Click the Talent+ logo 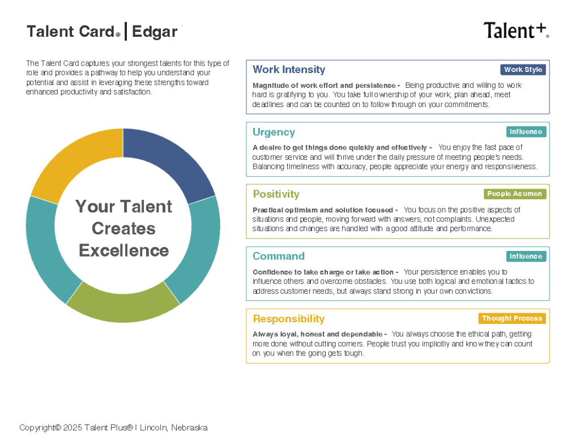tap(517, 31)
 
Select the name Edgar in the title tap(155, 32)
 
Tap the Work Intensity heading tap(289, 70)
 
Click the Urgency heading tap(274, 133)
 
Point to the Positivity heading tap(276, 194)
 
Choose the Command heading tap(279, 256)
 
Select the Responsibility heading tap(288, 318)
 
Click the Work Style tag tap(523, 70)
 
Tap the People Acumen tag tap(514, 194)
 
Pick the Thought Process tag tap(512, 318)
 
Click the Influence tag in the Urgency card tap(526, 132)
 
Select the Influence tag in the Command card tap(526, 257)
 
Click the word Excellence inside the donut tap(124, 250)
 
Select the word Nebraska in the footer tap(189, 428)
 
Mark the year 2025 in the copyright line tap(72, 428)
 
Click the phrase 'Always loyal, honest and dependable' tap(317, 334)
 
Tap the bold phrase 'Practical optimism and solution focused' tap(322, 210)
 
